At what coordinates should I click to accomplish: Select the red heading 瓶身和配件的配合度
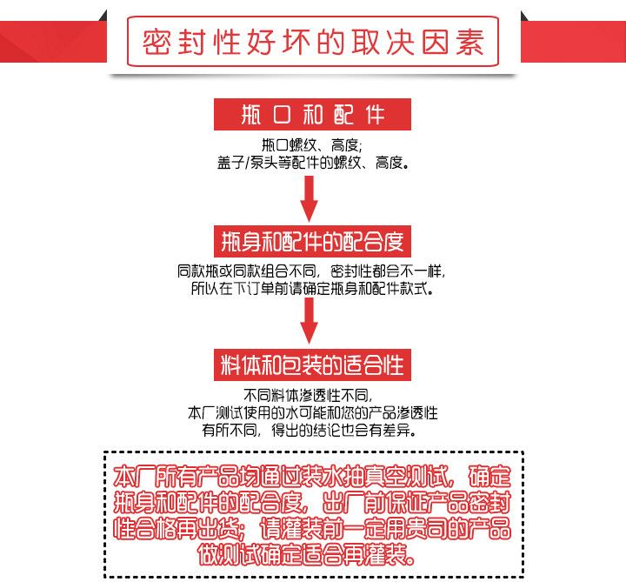pos(312,239)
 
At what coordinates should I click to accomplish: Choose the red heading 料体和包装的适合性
pos(312,363)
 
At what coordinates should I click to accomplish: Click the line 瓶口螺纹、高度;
pos(311,144)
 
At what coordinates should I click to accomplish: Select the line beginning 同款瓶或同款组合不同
pos(311,271)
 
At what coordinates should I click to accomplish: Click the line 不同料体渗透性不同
pos(311,393)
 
